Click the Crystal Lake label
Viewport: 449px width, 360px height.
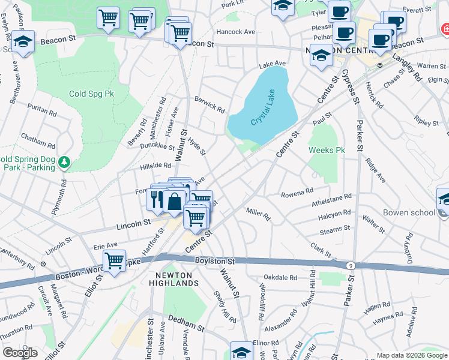click(266, 112)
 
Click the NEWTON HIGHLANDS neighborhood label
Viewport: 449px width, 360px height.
click(173, 279)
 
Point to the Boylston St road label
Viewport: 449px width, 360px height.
click(214, 262)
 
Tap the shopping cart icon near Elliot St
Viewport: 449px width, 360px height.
click(113, 261)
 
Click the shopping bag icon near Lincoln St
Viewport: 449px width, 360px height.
click(174, 202)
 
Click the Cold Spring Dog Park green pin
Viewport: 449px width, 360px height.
click(65, 163)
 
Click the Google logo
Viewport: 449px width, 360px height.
click(20, 353)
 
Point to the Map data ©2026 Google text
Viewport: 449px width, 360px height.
click(411, 355)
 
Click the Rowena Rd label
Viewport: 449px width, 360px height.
click(297, 193)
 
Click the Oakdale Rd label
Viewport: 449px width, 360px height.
click(280, 277)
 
